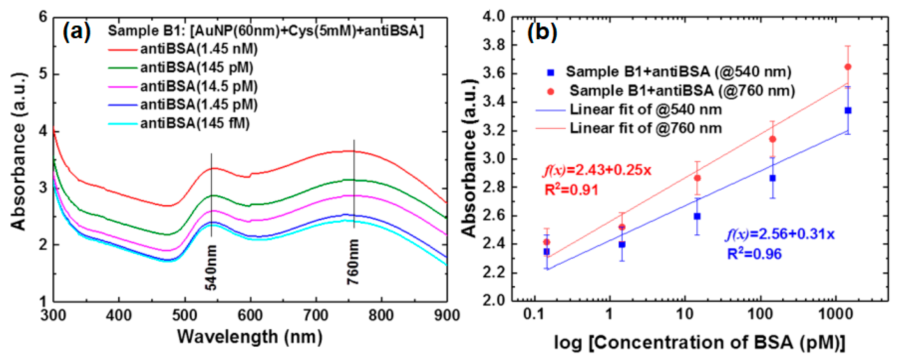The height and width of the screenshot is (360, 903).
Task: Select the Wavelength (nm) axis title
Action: coord(250,337)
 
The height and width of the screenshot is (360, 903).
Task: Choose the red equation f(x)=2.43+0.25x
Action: coord(597,170)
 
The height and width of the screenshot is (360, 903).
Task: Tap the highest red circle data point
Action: coord(848,67)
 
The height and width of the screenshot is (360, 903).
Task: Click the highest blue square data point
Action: coord(848,110)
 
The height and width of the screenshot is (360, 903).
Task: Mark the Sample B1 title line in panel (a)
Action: coord(265,31)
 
